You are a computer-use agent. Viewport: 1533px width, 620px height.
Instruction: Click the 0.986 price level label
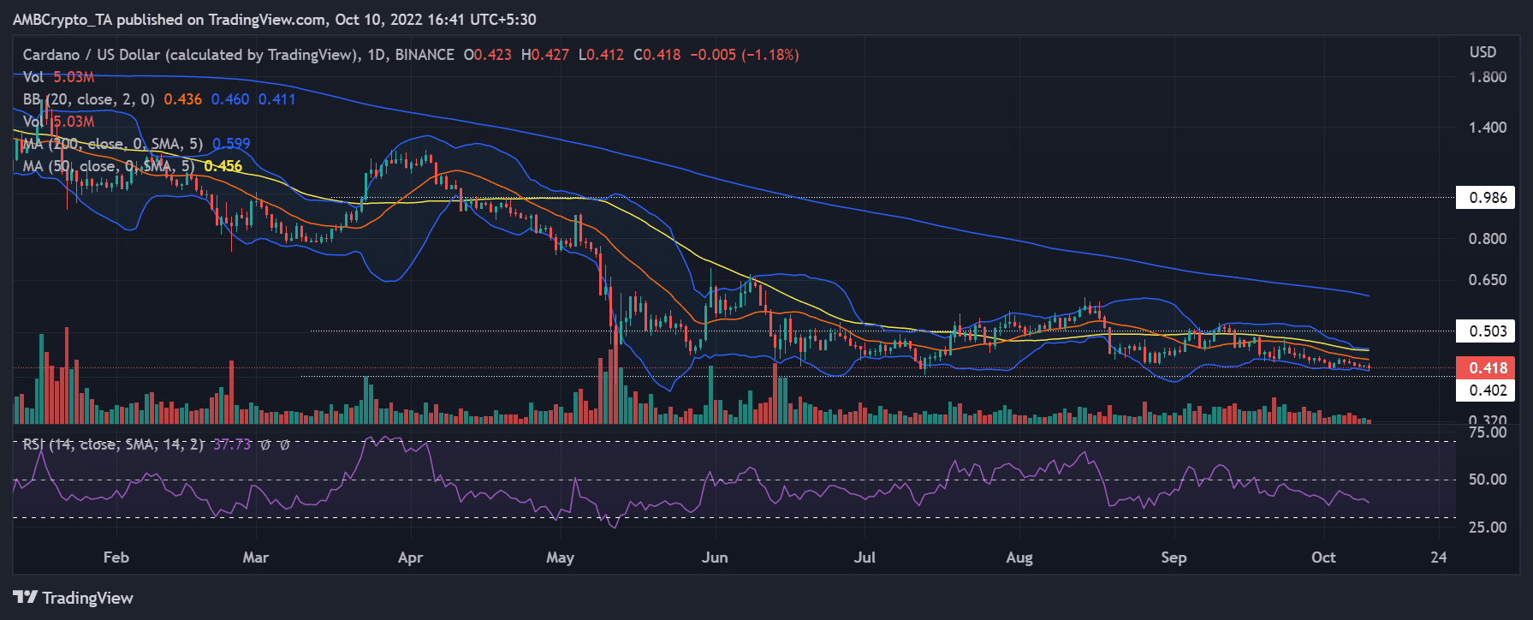(1488, 198)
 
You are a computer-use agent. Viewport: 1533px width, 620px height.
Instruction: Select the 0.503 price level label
(1488, 331)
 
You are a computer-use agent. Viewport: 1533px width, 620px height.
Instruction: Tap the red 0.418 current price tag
(1488, 368)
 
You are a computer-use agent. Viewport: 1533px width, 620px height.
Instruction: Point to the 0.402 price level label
(1488, 390)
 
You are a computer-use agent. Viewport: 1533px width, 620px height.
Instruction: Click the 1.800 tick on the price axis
(1488, 77)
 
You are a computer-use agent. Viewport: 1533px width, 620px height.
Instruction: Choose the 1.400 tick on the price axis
(1488, 128)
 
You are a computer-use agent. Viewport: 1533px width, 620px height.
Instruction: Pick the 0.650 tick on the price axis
(1488, 280)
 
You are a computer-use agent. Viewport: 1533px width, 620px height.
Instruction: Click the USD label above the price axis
(1483, 52)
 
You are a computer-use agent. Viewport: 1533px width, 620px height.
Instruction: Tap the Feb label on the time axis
(116, 557)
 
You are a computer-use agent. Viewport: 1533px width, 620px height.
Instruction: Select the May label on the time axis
(560, 557)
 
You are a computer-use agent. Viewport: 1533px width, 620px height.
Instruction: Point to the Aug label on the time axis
(1019, 557)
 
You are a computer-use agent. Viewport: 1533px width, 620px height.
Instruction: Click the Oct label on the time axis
(1323, 557)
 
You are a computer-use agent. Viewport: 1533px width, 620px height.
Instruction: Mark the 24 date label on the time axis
(1439, 557)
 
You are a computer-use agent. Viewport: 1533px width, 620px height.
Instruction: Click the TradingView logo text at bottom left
(87, 598)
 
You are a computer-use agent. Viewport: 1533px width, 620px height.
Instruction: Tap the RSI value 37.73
(232, 444)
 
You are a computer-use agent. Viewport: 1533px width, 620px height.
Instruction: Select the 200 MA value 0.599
(231, 144)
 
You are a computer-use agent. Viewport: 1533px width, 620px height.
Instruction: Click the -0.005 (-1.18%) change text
(745, 55)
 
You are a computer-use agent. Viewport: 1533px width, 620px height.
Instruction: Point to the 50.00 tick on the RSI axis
(1488, 480)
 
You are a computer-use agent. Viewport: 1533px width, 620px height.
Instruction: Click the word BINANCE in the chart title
(425, 55)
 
